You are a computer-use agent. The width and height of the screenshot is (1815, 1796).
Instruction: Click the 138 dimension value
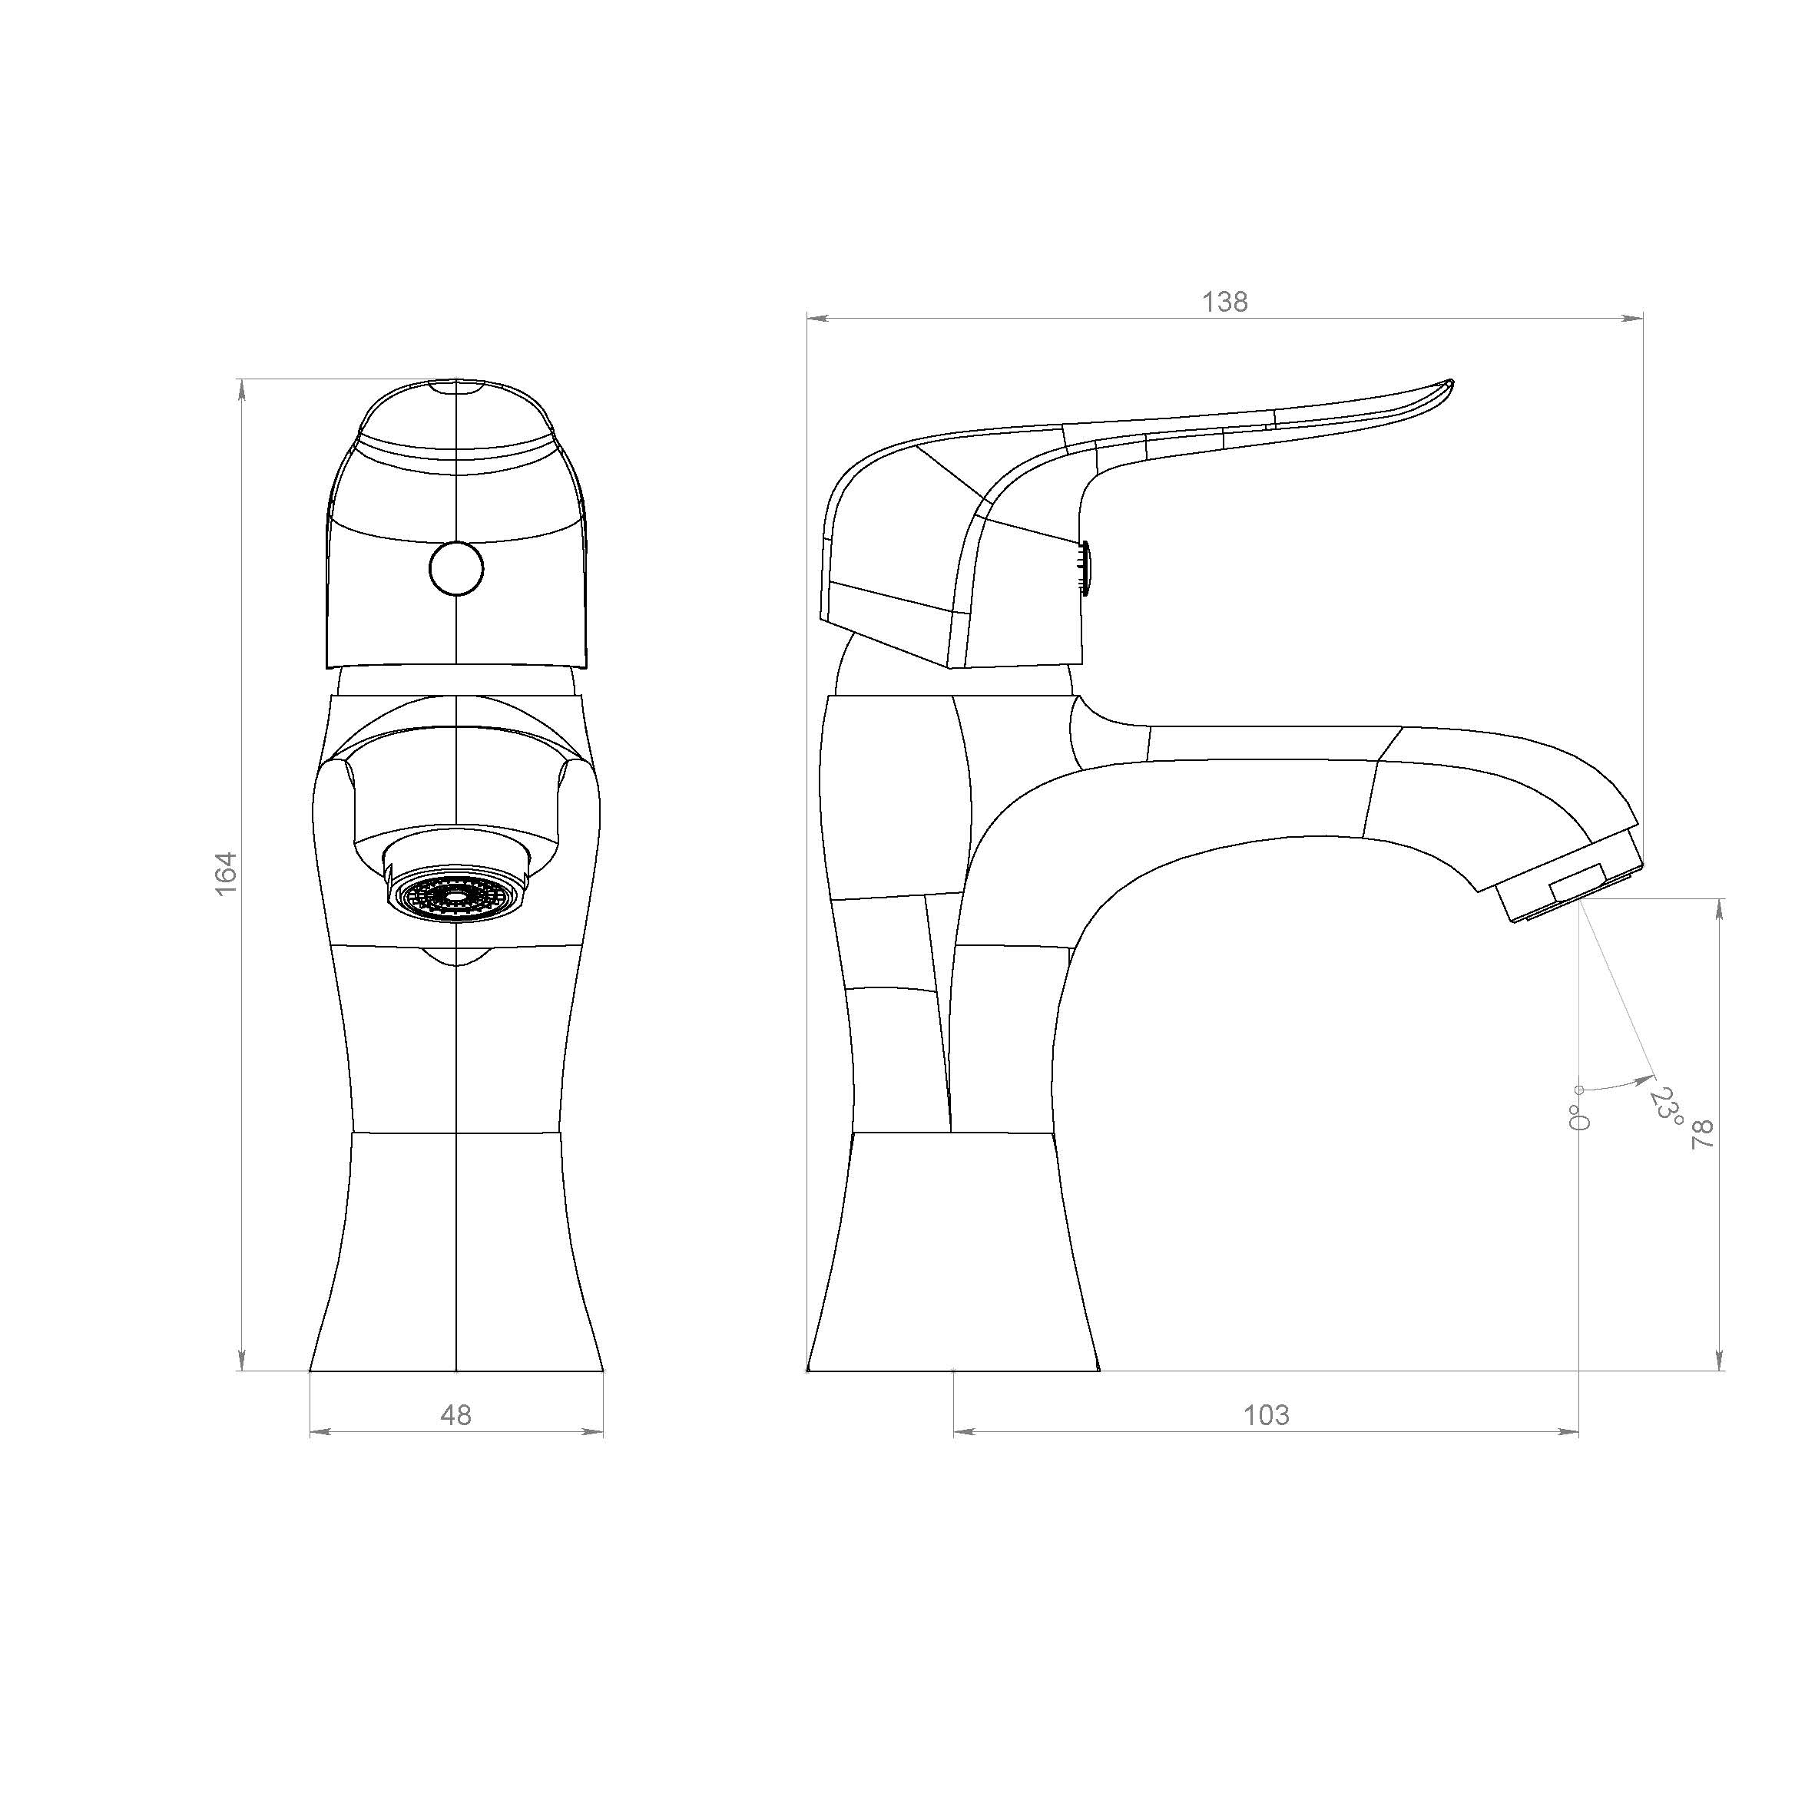coord(1225,302)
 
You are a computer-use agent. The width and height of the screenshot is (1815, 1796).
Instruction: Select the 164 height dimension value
coord(227,874)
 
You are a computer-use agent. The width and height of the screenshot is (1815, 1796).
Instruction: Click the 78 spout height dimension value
coord(1702,1135)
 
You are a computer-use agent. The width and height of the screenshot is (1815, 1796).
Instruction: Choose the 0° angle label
coord(1579,1117)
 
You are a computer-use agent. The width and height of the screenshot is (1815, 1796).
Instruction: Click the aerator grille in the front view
coord(456,896)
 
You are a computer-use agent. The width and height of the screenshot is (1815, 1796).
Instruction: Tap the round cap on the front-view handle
coord(456,568)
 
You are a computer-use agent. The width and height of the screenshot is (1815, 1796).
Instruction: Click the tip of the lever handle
coord(1452,382)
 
